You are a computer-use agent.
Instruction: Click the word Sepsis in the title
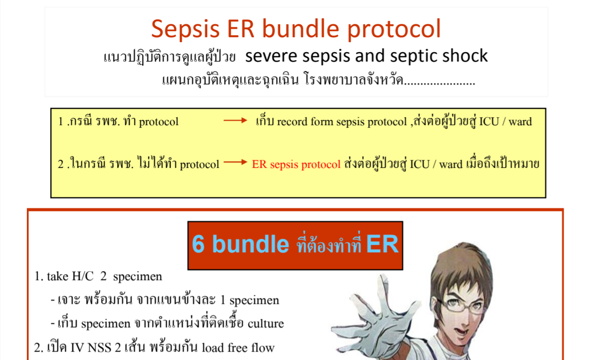click(x=185, y=29)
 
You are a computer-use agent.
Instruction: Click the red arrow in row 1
click(x=235, y=120)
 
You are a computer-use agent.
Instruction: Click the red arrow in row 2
click(x=235, y=162)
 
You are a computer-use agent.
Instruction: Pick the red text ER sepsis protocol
click(x=296, y=164)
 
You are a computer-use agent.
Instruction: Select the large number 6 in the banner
click(x=198, y=244)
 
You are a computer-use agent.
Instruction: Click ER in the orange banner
click(x=382, y=244)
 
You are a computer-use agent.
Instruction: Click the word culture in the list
click(x=266, y=323)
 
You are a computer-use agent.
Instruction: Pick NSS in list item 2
click(x=99, y=348)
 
